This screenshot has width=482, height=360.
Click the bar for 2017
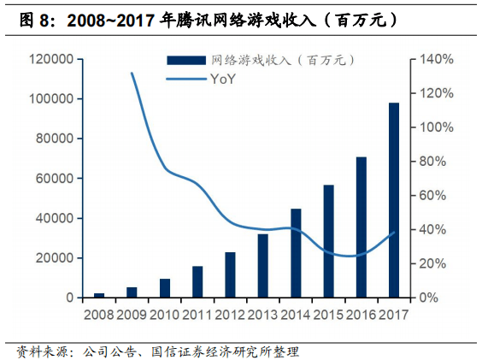click(394, 200)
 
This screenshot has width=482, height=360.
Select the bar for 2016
click(361, 227)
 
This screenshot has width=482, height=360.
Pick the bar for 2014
click(296, 253)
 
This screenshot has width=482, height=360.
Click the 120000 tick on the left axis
click(48, 59)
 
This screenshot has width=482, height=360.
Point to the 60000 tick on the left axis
click(51, 179)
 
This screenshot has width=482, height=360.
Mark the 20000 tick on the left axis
click(51, 258)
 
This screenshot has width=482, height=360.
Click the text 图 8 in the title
click(32, 17)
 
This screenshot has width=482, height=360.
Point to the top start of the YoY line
click(132, 74)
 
